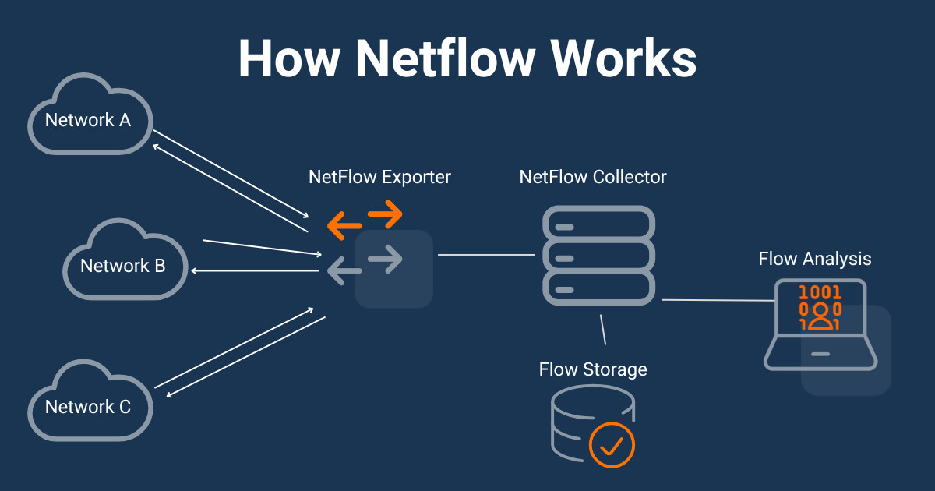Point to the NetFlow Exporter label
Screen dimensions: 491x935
point(379,177)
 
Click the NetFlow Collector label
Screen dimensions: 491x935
point(593,177)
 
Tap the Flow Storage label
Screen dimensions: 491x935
point(593,369)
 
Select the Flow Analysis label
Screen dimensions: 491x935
point(815,258)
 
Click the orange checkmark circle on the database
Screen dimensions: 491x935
point(612,445)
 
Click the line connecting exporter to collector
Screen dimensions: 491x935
point(485,255)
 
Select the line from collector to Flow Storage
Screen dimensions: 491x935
point(602,330)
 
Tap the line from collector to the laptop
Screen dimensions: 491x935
point(717,300)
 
